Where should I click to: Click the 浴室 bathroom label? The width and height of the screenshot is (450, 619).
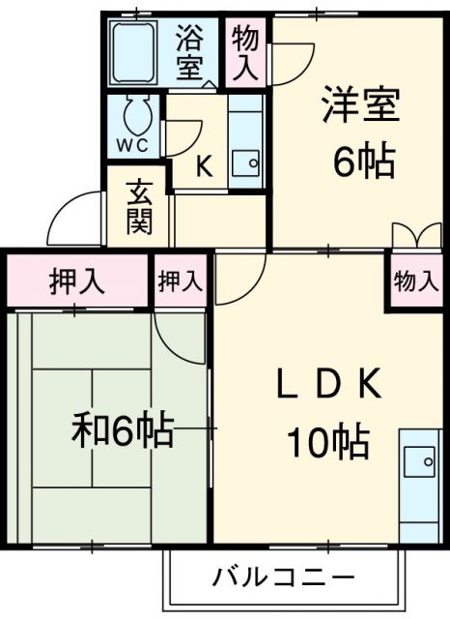pos(189,53)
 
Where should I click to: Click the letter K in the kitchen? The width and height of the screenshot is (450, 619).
pos(205,166)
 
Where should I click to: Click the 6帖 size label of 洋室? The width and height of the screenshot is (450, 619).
pos(364,162)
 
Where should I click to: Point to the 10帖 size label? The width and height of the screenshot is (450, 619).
pos(325,442)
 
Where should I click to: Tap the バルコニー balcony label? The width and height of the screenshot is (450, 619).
pos(283,578)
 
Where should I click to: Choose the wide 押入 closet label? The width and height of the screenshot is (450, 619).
pos(77,281)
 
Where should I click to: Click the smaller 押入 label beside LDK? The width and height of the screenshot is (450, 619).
pos(182,281)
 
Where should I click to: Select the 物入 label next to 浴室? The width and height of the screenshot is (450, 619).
pos(245,53)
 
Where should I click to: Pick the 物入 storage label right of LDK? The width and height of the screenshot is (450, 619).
pos(416,281)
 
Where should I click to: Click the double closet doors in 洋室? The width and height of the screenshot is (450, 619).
pos(416,236)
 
